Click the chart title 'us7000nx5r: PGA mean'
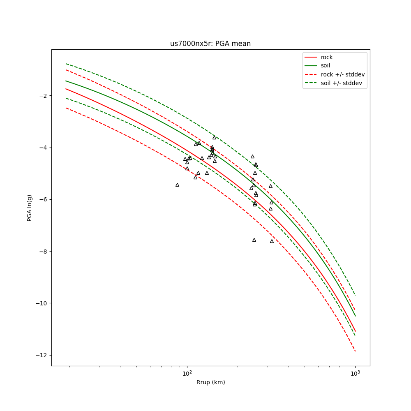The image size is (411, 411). [210, 44]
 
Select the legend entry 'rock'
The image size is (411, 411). [327, 57]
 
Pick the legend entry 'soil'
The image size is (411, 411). [325, 66]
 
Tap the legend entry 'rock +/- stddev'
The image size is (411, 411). [342, 74]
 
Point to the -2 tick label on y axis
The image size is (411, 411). [42, 96]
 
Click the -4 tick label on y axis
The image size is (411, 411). [42, 148]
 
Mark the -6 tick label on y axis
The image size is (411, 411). [42, 199]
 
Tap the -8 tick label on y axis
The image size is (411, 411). [42, 251]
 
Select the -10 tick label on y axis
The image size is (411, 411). [41, 303]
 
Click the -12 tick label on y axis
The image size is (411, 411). [41, 355]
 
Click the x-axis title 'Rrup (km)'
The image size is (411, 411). [210, 382]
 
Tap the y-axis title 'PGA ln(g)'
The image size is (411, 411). [30, 208]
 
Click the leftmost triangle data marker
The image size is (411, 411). [177, 185]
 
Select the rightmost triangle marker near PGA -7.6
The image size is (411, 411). [272, 241]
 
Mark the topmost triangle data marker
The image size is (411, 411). [214, 137]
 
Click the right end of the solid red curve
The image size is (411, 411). [355, 331]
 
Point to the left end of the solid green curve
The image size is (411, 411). [66, 81]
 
